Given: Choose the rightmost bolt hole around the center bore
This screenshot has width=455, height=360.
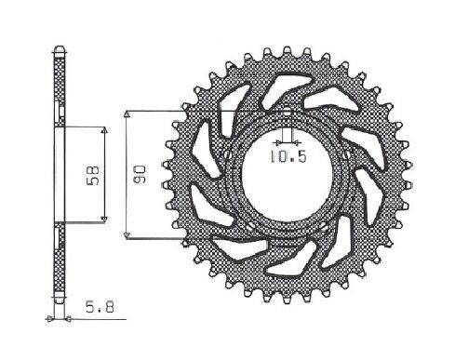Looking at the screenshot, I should (x=345, y=153).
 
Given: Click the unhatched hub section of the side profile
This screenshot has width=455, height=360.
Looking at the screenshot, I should (x=60, y=176).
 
